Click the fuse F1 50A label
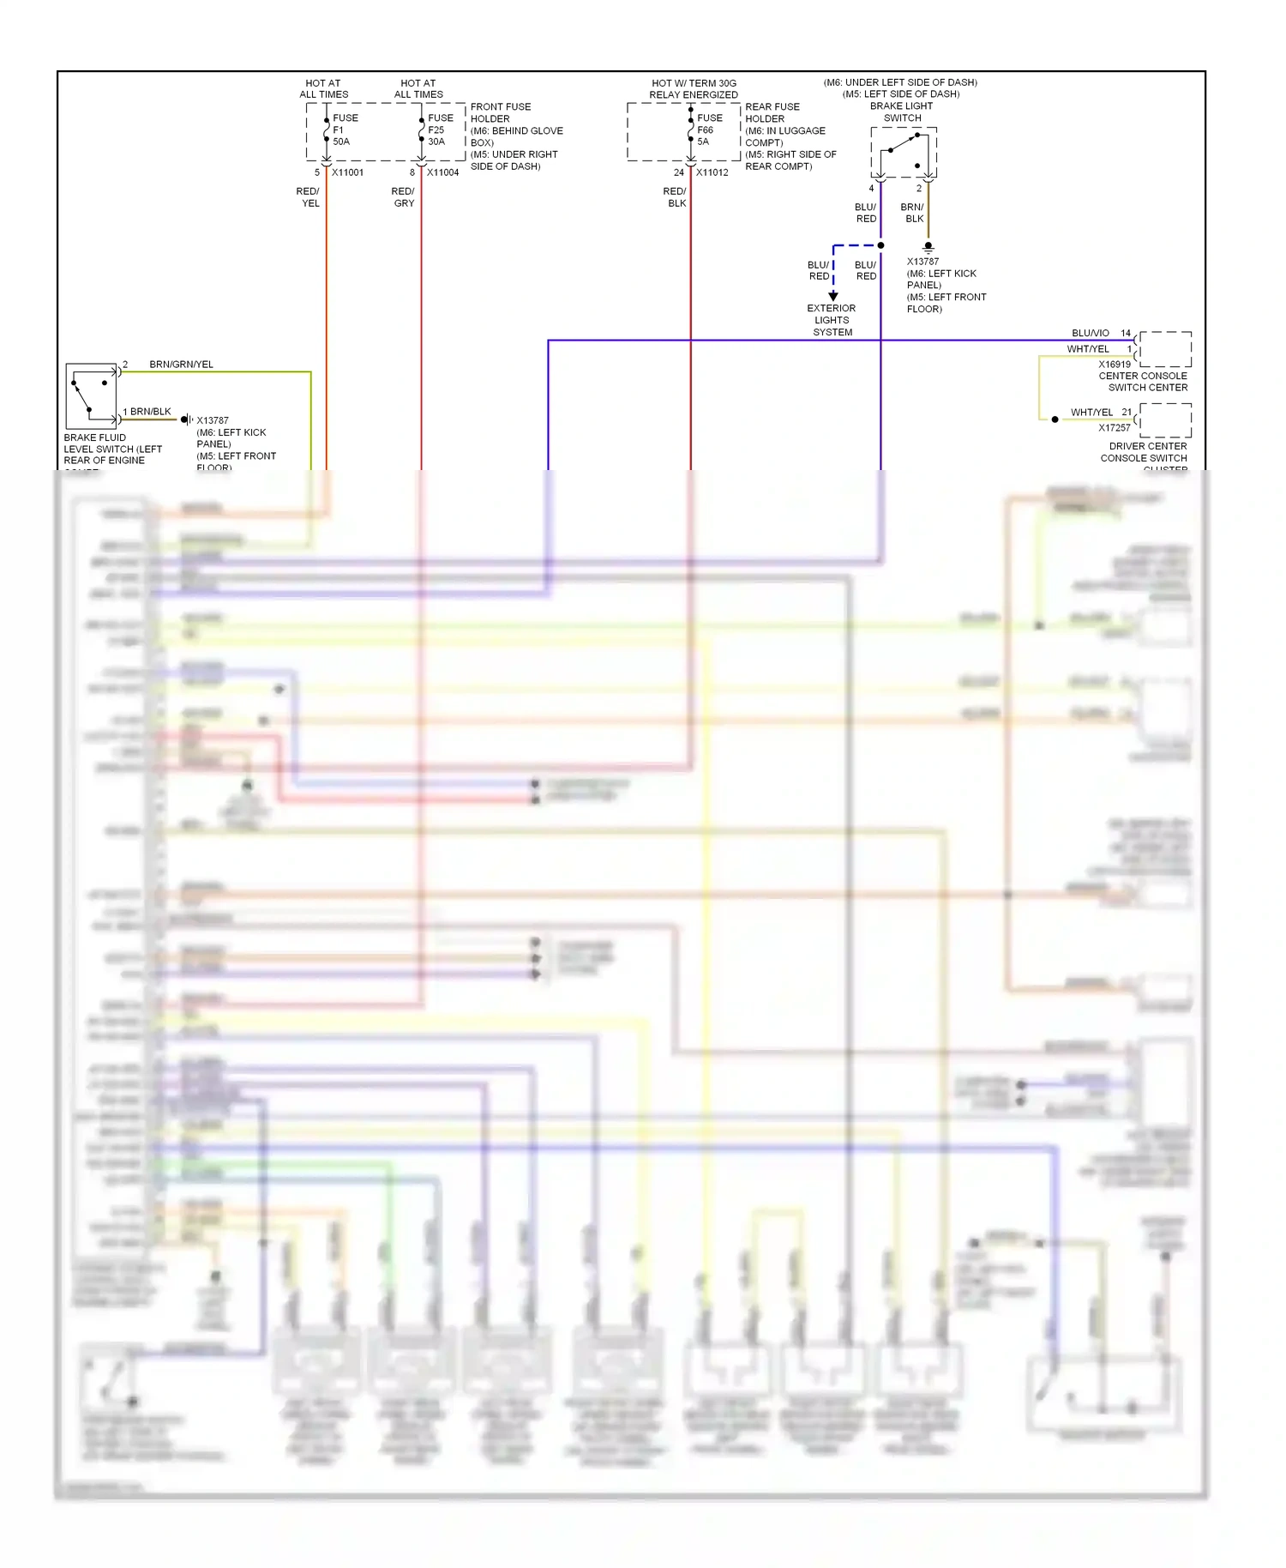(x=343, y=130)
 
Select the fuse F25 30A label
(x=439, y=130)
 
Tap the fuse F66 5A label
(x=708, y=130)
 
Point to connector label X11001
(x=347, y=172)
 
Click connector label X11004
(x=442, y=172)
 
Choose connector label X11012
(x=712, y=172)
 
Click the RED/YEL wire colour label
(x=308, y=197)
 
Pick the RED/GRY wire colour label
(x=403, y=197)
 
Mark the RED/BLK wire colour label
(x=675, y=197)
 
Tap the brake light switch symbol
(x=904, y=152)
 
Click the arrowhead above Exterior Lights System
(x=833, y=296)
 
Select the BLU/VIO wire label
(x=1090, y=333)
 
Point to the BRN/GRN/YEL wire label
(x=181, y=365)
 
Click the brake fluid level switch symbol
(x=91, y=395)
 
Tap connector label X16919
(x=1115, y=365)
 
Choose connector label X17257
(x=1115, y=427)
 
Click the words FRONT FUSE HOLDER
(x=500, y=112)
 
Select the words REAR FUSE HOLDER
(x=772, y=112)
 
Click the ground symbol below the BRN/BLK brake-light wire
(x=928, y=247)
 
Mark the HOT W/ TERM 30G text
(x=694, y=83)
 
